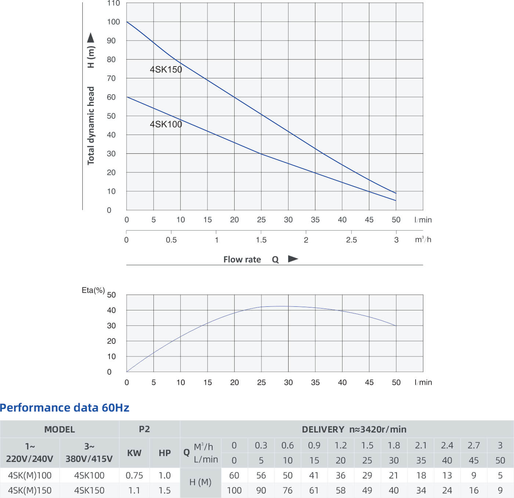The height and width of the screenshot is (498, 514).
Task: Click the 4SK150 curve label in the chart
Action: click(166, 70)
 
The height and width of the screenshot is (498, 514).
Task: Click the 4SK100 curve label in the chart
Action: click(166, 124)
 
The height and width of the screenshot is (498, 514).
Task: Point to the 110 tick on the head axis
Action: click(113, 3)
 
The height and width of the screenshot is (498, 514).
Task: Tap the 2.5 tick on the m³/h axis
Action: click(351, 240)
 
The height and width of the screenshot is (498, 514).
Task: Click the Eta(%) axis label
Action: click(93, 290)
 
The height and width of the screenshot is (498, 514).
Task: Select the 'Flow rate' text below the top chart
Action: click(242, 259)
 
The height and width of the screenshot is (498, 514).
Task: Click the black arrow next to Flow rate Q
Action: click(293, 259)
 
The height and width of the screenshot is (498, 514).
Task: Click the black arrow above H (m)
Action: click(91, 38)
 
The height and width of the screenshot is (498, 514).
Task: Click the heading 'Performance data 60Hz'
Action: click(65, 408)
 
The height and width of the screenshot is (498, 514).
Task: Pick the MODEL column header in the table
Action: click(59, 429)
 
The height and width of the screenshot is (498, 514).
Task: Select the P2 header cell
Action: click(144, 429)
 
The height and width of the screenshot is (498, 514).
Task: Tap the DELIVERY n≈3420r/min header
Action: click(354, 429)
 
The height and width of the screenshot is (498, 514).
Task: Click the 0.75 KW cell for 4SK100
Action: click(134, 475)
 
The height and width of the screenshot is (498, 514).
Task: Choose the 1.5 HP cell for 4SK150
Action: click(164, 490)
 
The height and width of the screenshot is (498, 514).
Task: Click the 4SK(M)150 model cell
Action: click(30, 490)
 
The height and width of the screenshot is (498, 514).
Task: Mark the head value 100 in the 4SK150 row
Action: click(234, 490)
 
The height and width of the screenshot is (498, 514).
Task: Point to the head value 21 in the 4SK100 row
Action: click(394, 475)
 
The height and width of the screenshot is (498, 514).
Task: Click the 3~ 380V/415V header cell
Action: click(89, 452)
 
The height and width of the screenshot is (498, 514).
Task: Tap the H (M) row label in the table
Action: click(200, 482)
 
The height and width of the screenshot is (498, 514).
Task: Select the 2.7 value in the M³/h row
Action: click(474, 445)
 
